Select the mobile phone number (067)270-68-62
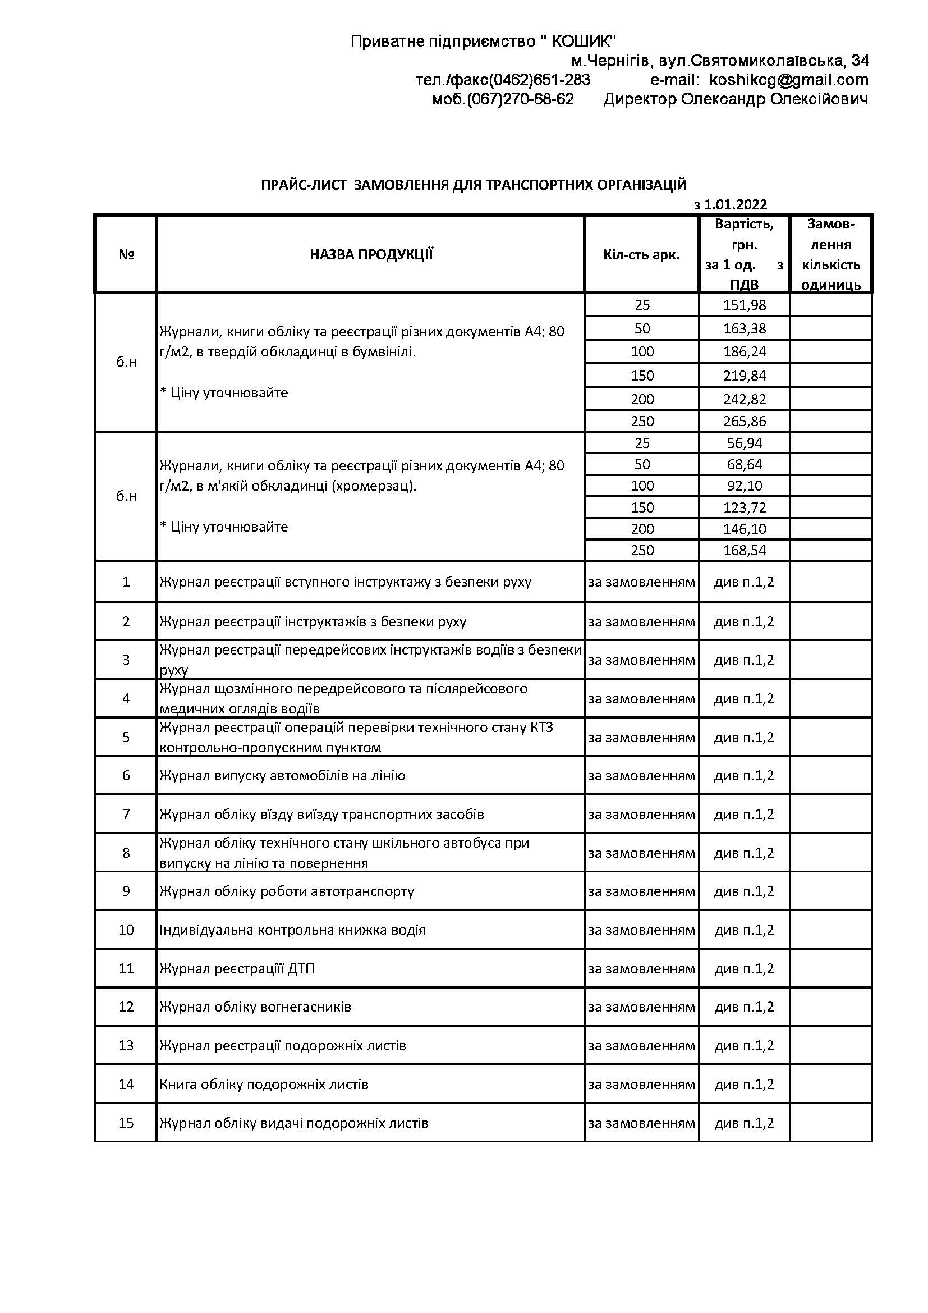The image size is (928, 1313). coord(520,99)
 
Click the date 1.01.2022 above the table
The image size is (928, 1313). coord(736,205)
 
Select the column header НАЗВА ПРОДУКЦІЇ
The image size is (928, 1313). coord(371,255)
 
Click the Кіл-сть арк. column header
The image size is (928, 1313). coord(641,255)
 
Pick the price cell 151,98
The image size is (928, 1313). coord(744,305)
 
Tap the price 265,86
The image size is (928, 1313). coord(744,422)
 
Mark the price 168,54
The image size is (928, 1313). coord(744,551)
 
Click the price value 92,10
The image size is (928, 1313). coord(744,486)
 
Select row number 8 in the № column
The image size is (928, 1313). coord(126,853)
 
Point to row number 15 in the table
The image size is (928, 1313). coord(126,1123)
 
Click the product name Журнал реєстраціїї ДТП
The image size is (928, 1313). coord(237,969)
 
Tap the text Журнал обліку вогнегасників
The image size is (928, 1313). coord(255,1007)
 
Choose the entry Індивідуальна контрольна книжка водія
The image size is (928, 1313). coord(292,930)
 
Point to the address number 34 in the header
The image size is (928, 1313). coord(860,61)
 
